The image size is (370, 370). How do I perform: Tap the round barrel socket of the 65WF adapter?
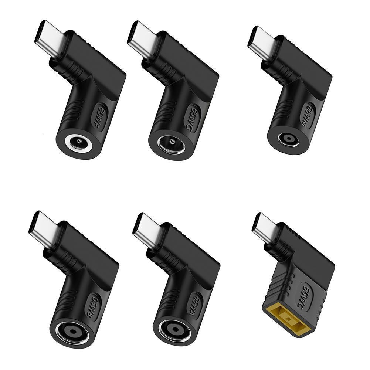pos(78,142)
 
